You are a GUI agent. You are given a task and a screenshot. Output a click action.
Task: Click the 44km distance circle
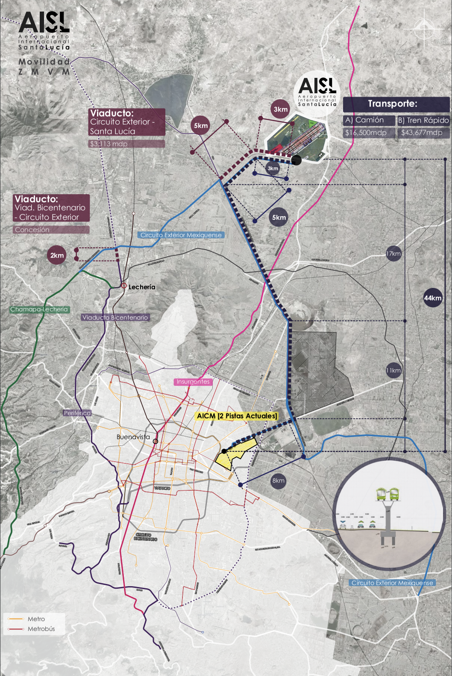click(432, 298)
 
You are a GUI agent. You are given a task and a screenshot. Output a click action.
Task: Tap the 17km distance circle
click(393, 254)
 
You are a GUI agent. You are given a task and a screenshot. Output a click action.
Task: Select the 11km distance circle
click(393, 371)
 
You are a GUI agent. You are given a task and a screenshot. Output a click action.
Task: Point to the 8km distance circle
click(278, 480)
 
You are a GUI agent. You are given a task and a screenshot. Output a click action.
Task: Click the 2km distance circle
click(57, 255)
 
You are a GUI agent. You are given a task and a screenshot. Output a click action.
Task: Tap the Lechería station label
click(142, 287)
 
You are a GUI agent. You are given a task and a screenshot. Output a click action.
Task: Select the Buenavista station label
click(133, 437)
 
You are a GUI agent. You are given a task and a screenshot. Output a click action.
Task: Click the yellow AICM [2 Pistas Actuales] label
click(237, 416)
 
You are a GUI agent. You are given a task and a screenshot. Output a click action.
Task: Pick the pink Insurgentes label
click(193, 382)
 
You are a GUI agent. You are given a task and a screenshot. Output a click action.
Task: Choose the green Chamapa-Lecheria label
click(39, 309)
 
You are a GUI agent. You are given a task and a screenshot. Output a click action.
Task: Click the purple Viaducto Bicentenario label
click(115, 317)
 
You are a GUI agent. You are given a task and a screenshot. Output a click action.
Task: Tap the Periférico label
click(77, 413)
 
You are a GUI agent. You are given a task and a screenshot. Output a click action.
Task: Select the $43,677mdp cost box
click(423, 133)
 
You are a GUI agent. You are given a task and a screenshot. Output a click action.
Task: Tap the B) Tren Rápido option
click(423, 120)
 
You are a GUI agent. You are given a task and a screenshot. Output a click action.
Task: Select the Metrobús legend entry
click(41, 629)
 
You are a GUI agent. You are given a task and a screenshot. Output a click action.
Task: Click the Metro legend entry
click(36, 619)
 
